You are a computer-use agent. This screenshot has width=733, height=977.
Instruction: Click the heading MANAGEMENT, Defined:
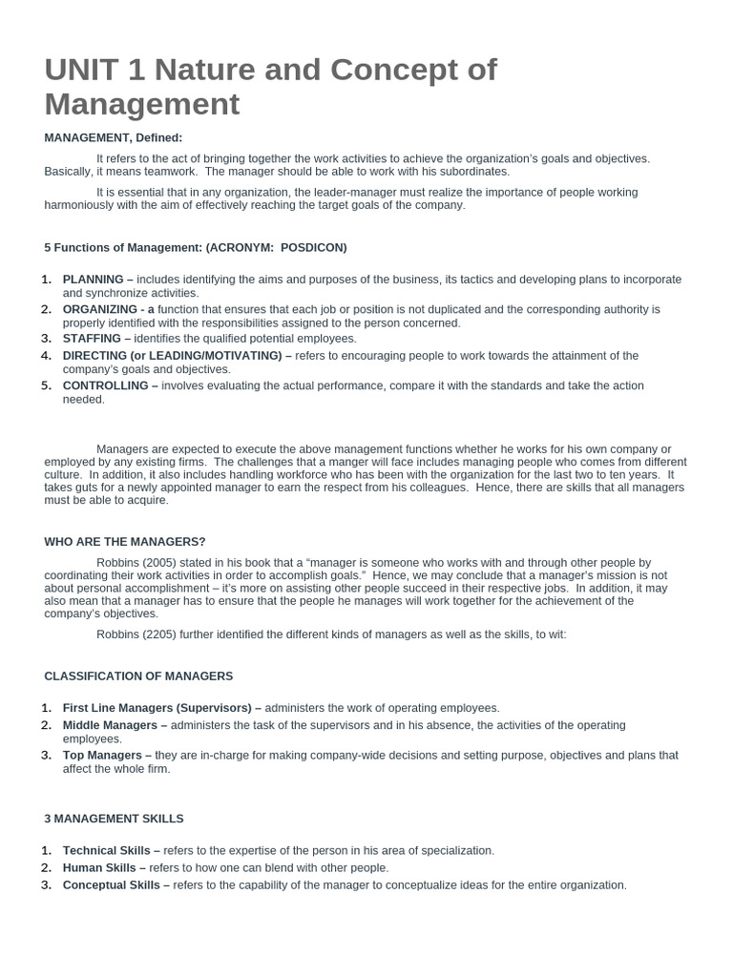113,137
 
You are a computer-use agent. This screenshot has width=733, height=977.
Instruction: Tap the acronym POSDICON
313,247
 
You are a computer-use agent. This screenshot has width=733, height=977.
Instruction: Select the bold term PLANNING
94,280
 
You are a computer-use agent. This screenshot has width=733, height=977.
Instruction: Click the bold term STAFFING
92,339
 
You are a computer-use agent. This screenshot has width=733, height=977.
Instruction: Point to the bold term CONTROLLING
106,385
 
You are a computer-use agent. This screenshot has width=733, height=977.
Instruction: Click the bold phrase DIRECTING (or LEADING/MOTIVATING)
172,356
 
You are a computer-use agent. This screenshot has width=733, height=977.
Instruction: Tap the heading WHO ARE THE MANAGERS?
125,542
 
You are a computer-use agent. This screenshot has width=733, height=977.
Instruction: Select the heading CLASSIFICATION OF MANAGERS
138,676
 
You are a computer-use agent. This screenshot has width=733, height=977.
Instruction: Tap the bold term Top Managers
102,755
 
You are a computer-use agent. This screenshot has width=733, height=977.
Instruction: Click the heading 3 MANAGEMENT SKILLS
114,819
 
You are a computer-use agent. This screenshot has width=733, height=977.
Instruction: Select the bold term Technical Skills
111,850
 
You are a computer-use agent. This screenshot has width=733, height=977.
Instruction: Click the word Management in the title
142,104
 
